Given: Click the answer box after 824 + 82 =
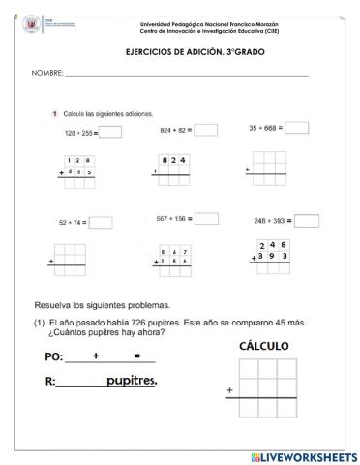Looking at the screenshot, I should pos(204,129).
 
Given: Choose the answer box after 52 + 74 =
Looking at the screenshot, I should pos(101,222).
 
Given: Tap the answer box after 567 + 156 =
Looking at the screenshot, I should pos(208,219).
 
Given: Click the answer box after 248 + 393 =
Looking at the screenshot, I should pos(307,221).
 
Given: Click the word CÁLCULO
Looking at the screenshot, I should pos(263,345).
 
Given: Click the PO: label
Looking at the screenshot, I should pos(54,356).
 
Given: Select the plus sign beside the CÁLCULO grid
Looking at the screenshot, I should pos(229,390).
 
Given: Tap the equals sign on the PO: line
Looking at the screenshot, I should pos(137,356).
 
